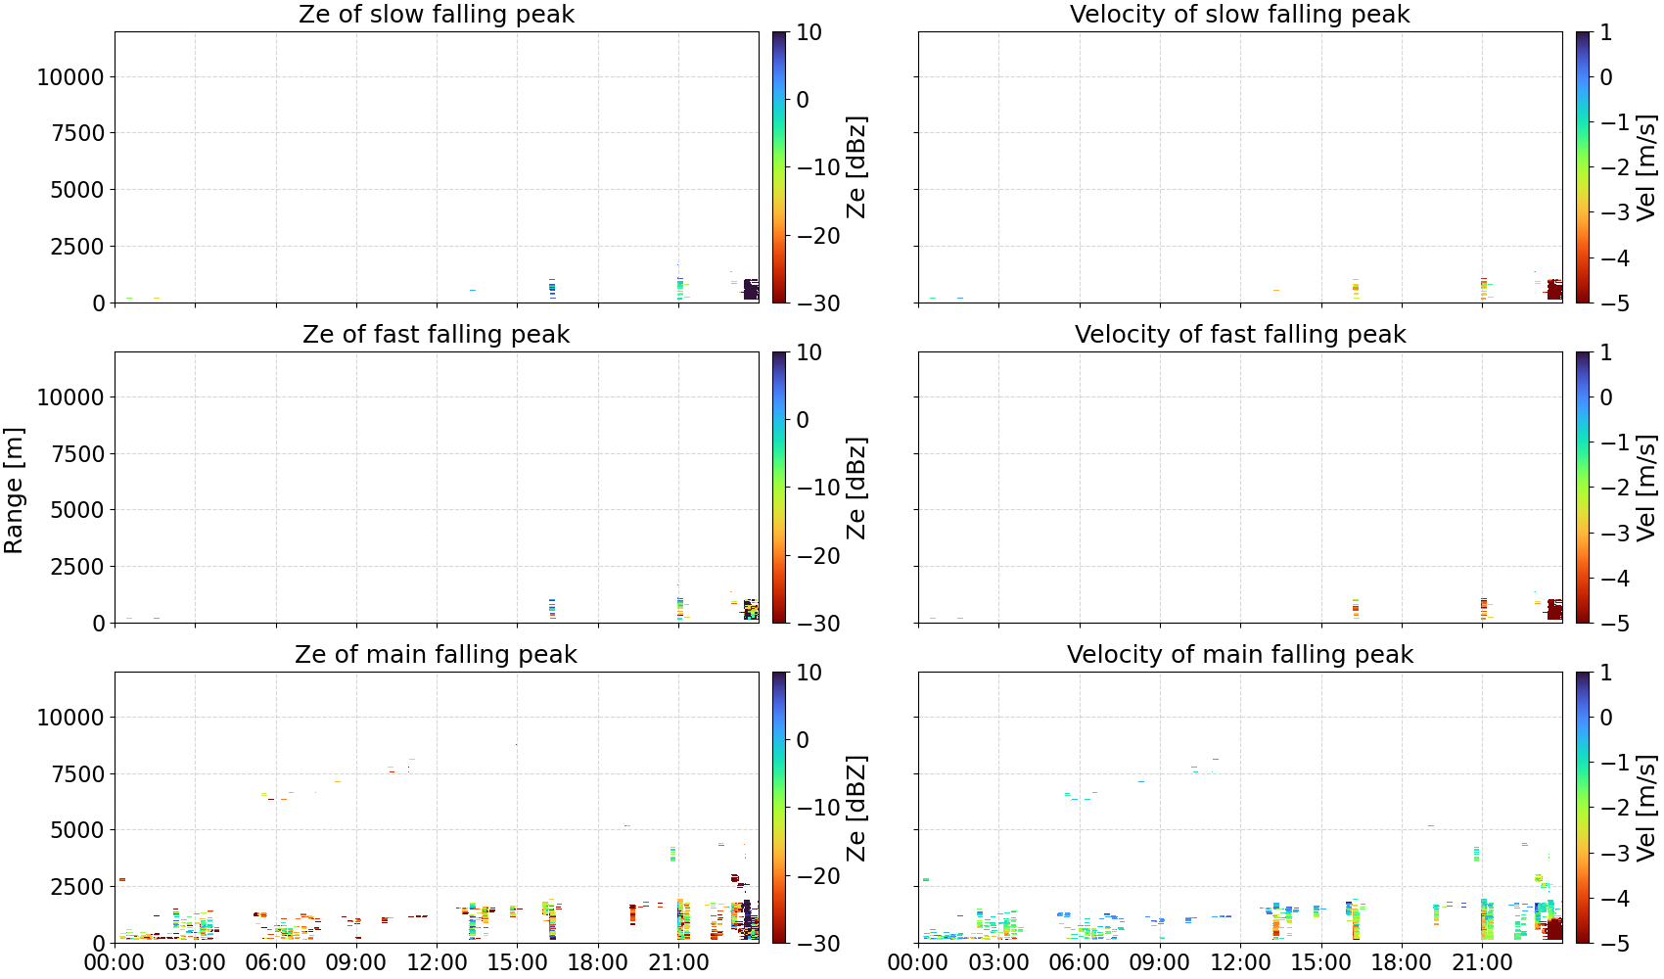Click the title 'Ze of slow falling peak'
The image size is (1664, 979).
tap(436, 14)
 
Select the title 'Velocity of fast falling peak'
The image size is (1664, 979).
tap(1240, 334)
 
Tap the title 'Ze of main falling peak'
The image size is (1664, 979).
tap(436, 654)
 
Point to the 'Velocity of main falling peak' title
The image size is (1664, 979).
tap(1240, 654)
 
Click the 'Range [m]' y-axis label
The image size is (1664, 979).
tap(14, 490)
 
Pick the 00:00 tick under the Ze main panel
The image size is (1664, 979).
tap(115, 962)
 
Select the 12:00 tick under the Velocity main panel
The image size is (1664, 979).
tap(1240, 962)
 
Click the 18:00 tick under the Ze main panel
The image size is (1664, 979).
tap(598, 962)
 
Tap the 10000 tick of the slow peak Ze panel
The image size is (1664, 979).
tap(70, 76)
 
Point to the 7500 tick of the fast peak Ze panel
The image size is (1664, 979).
tap(77, 454)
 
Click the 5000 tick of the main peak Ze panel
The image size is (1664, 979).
tap(77, 830)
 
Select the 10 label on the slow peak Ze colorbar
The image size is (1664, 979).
tap(809, 32)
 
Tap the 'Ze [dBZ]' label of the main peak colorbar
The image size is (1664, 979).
tap(856, 808)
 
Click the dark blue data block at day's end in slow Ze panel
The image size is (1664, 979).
tap(751, 289)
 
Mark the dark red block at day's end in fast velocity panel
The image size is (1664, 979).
tap(1554, 610)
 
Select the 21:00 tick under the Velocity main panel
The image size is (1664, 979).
tap(1482, 962)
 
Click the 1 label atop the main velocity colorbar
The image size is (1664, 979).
tap(1606, 673)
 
